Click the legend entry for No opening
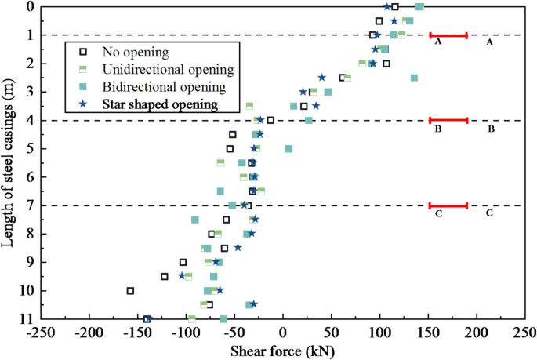[x=135, y=53]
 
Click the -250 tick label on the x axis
[x=38, y=333]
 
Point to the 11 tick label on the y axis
[x=26, y=319]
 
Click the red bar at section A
[x=448, y=35]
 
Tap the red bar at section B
[x=448, y=120]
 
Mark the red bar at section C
[x=448, y=205]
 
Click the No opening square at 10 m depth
[x=130, y=290]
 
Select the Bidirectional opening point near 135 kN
[x=414, y=78]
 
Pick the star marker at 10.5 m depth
[x=253, y=304]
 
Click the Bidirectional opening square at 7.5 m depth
[x=195, y=220]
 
